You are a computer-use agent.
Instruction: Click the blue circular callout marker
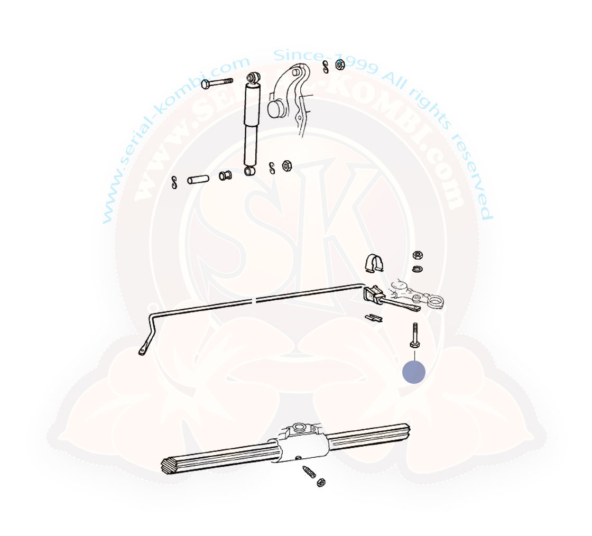tap(414, 372)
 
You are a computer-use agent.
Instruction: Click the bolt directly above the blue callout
tap(415, 335)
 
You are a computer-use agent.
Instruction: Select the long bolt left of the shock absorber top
tap(217, 83)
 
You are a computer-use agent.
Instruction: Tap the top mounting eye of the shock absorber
tap(253, 77)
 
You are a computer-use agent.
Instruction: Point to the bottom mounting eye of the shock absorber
tap(250, 171)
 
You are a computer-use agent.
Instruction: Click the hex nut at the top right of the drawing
tap(340, 65)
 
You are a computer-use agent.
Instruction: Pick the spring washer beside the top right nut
tap(326, 67)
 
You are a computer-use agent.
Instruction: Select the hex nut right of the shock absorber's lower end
tap(287, 165)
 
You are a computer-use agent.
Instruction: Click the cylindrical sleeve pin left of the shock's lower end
tap(198, 179)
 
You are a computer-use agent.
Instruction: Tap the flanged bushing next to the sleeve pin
tap(225, 175)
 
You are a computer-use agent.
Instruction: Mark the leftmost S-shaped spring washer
tap(174, 182)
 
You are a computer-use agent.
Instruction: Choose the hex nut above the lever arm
tap(417, 255)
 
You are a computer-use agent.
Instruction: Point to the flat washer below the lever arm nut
tap(417, 269)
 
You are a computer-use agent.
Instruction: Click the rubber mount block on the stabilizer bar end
tap(373, 295)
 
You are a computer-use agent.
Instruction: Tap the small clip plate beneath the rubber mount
tap(374, 318)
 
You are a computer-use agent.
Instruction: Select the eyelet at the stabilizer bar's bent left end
tap(142, 352)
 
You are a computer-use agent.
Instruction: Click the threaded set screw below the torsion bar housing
tap(309, 472)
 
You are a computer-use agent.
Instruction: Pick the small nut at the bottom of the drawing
tap(321, 482)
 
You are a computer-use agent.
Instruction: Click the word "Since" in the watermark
tap(298, 56)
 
